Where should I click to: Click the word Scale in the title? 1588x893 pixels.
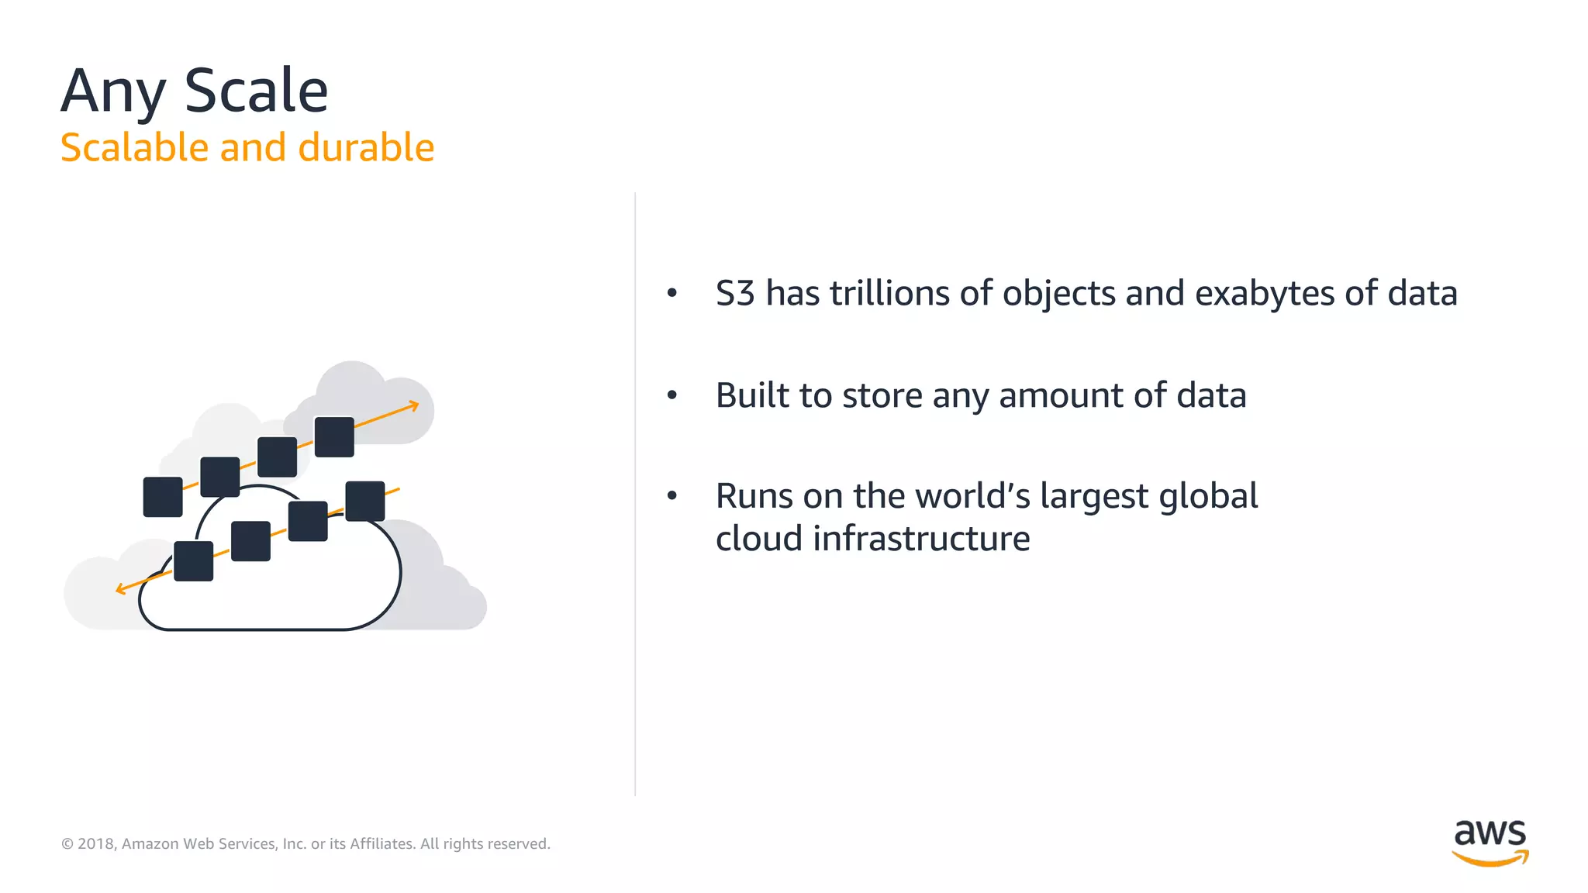coord(256,91)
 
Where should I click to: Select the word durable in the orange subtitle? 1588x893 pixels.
coord(366,147)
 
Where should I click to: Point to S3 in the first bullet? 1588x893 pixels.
coord(734,294)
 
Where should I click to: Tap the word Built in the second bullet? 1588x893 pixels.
coord(751,395)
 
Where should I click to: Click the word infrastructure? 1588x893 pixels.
coord(921,539)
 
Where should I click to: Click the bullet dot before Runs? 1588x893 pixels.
coord(672,495)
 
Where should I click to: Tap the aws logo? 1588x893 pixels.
coord(1490,842)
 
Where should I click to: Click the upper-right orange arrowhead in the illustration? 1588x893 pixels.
coord(414,405)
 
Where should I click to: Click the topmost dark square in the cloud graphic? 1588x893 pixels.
coord(334,436)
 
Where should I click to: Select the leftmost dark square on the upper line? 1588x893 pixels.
coord(163,497)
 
